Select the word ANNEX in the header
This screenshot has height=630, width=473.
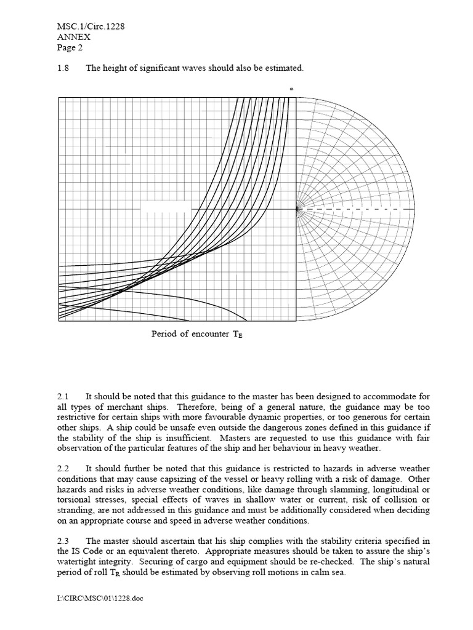[x=73, y=37]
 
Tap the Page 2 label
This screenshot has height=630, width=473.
[x=69, y=47]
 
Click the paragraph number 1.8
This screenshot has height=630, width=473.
[x=63, y=68]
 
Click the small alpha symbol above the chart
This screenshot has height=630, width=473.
[x=291, y=89]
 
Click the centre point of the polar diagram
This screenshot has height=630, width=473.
[x=297, y=209]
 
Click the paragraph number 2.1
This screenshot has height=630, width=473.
[x=63, y=397]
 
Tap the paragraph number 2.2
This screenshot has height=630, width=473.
[x=63, y=469]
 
